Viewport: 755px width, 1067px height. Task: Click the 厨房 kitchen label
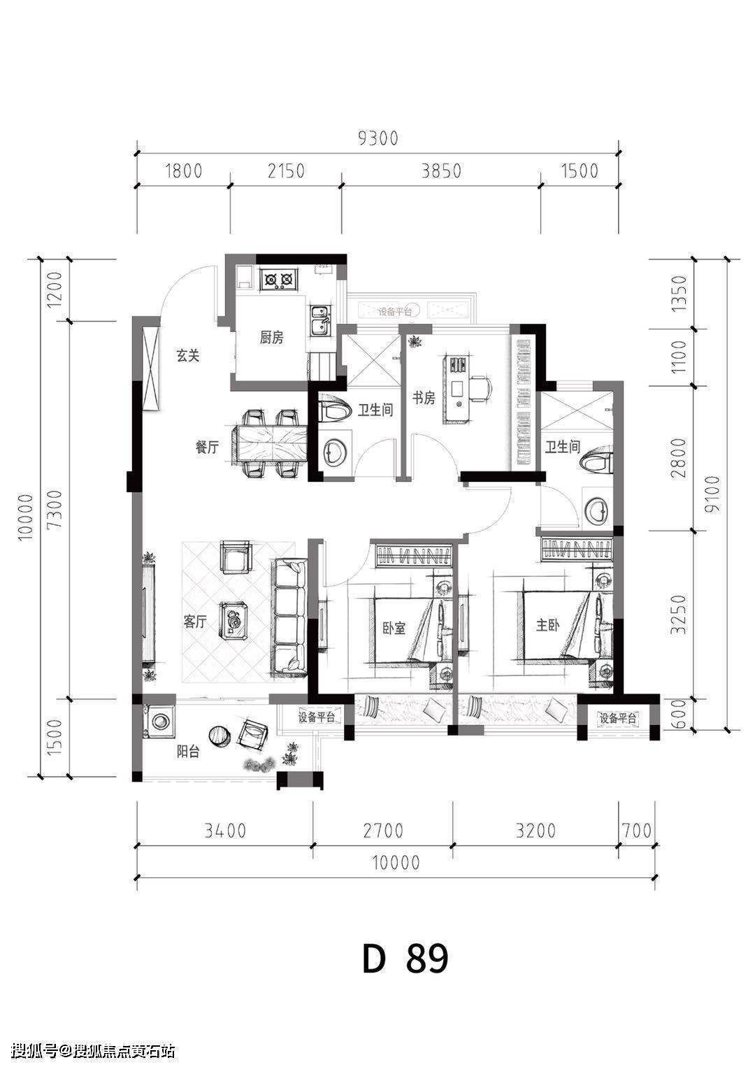[271, 338]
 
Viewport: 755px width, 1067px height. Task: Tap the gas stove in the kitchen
[279, 279]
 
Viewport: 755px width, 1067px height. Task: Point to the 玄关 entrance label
[187, 355]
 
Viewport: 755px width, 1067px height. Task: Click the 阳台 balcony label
[188, 752]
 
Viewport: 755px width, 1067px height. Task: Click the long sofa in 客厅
[289, 617]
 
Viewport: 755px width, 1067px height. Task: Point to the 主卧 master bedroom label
[548, 624]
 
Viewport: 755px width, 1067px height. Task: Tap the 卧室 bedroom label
[394, 628]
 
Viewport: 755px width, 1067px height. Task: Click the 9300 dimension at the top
[377, 138]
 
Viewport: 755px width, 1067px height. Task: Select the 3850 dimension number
[441, 171]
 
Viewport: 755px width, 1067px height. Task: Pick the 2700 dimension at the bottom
[383, 831]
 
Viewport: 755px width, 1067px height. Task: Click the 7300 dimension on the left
[55, 509]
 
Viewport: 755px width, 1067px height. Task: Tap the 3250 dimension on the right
[678, 614]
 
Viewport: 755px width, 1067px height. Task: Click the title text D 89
[405, 945]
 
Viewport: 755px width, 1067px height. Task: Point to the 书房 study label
[424, 398]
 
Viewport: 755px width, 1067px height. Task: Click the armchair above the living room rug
[236, 557]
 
